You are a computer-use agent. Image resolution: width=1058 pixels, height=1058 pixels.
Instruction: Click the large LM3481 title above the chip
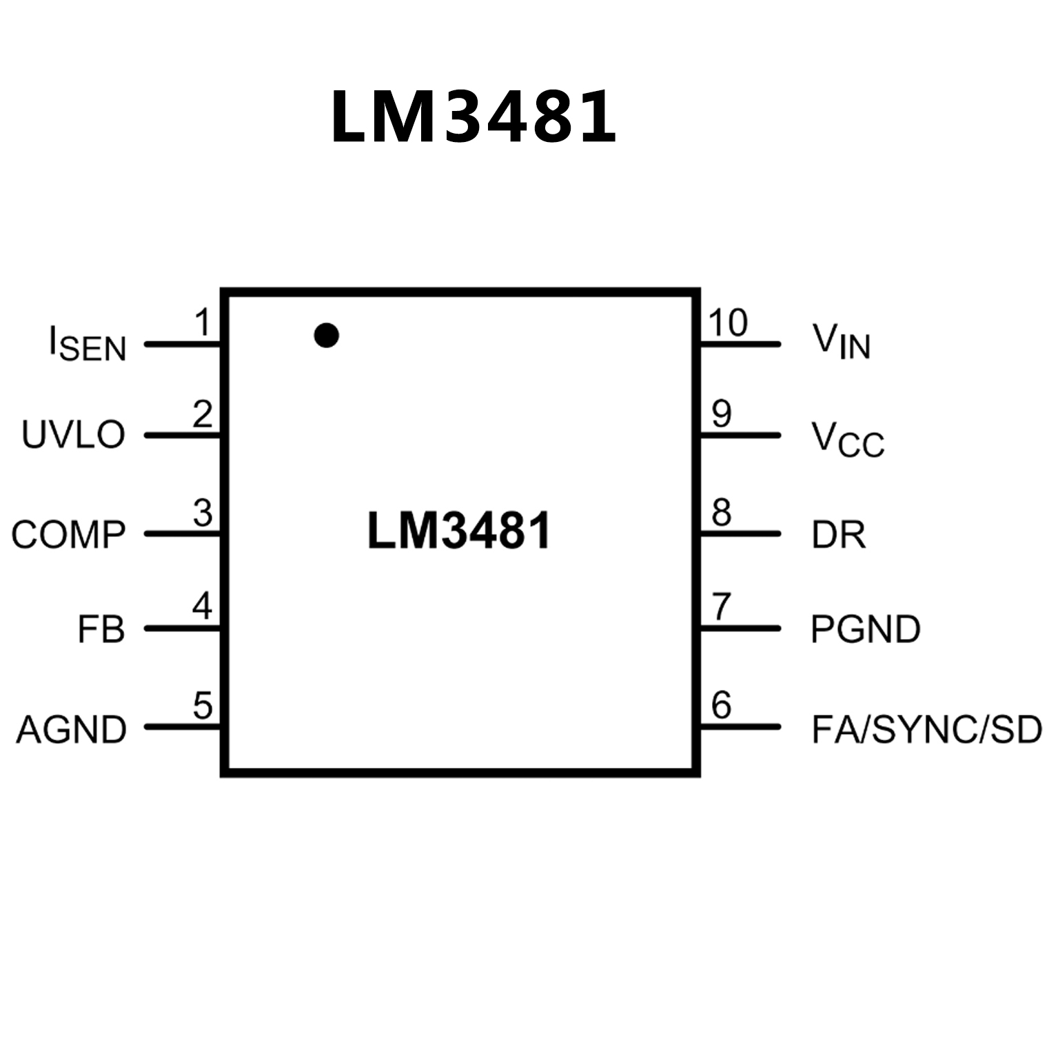(473, 117)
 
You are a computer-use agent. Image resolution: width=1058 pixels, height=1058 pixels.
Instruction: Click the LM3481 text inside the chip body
(459, 531)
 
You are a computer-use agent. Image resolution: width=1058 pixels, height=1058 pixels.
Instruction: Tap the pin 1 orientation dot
(326, 336)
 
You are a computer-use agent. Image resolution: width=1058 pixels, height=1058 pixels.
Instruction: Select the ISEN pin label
(88, 344)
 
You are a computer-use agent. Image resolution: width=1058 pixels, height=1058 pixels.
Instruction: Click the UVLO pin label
(73, 435)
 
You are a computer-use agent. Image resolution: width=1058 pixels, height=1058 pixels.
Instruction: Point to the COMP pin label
(68, 535)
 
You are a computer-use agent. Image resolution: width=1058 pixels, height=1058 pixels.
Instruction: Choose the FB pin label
(101, 629)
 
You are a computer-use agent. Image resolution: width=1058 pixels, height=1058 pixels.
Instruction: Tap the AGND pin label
(71, 729)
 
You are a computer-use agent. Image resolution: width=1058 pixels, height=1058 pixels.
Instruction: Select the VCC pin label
(847, 439)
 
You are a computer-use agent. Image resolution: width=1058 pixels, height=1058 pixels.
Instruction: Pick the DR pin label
(838, 535)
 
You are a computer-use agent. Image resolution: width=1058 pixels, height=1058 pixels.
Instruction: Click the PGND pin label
(865, 629)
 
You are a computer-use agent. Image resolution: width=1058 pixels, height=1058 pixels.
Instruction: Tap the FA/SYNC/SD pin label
(926, 729)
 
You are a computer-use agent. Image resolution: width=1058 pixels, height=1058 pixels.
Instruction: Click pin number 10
(727, 323)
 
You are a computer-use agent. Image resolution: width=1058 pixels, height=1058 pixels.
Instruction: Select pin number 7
(721, 607)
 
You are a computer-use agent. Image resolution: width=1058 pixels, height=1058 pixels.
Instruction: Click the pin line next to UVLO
(183, 436)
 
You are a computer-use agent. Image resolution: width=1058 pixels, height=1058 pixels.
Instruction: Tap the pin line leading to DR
(740, 533)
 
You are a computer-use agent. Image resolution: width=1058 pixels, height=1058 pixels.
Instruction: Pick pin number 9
(721, 414)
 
